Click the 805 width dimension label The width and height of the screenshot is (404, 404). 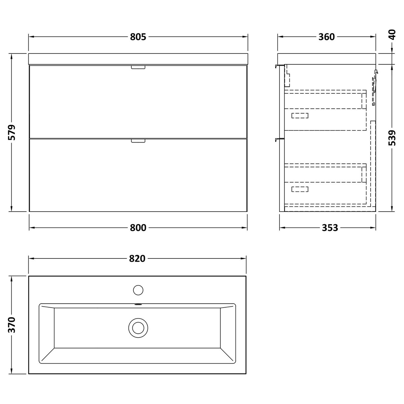tap(138, 37)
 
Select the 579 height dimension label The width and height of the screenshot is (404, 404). tap(12, 132)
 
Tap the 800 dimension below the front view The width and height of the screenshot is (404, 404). tap(138, 228)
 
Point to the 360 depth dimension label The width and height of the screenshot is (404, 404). tap(326, 37)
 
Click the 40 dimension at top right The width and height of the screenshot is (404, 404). tap(392, 35)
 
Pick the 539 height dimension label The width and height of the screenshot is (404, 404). tap(392, 138)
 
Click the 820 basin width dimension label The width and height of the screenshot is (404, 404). tap(137, 259)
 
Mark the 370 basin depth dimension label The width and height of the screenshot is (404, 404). tap(12, 325)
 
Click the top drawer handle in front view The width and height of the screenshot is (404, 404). tap(138, 67)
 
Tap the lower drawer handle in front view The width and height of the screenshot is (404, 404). tap(138, 141)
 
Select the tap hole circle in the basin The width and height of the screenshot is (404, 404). tap(138, 290)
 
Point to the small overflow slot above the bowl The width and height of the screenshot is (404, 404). tap(138, 305)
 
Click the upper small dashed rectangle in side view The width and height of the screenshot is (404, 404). tap(300, 116)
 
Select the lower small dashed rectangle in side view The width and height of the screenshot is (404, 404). tap(300, 189)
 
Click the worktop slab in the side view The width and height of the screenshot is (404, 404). tap(326, 58)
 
